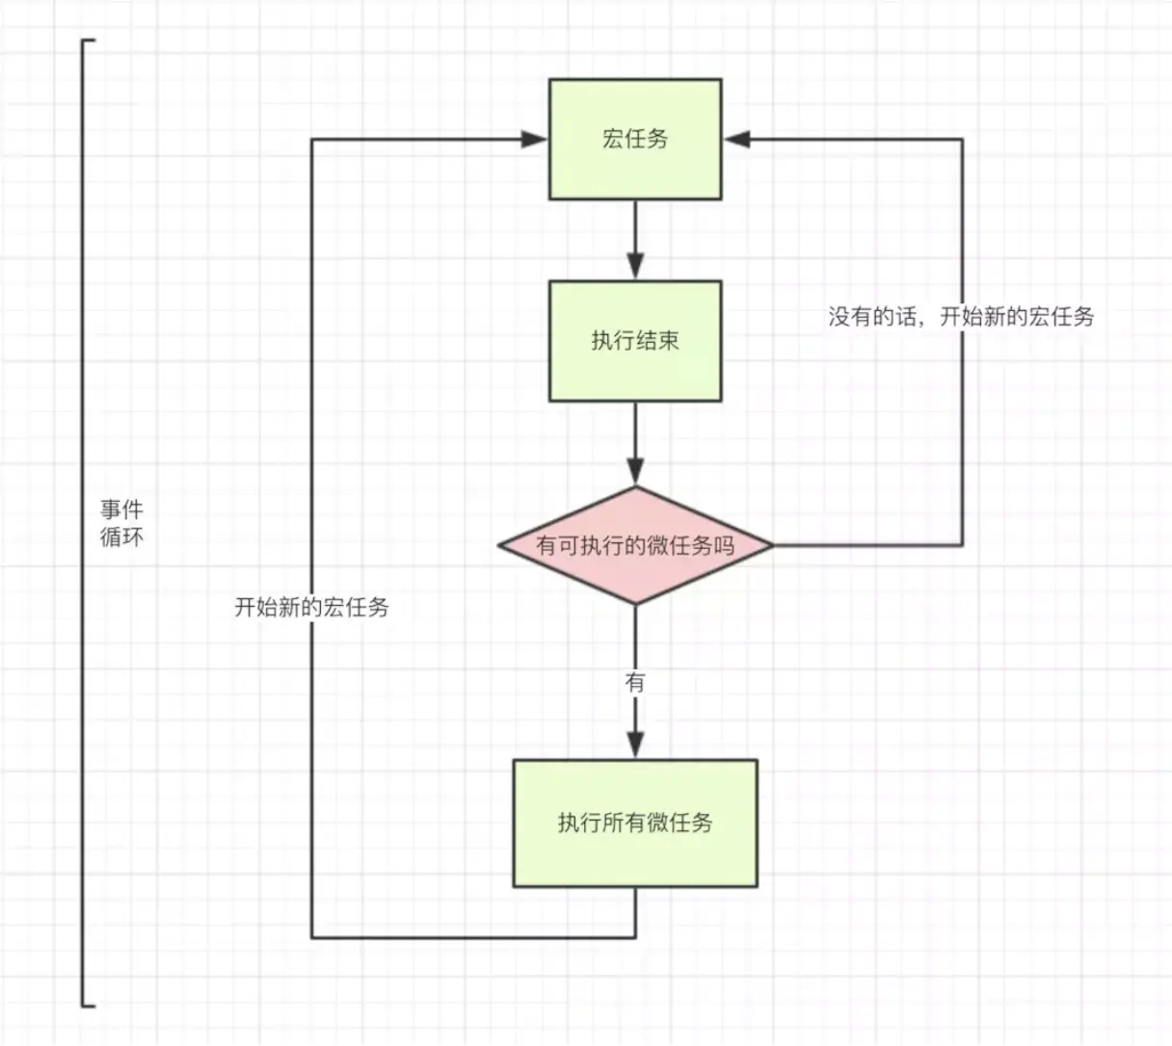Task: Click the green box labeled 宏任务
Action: (635, 140)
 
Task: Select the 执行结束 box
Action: (635, 341)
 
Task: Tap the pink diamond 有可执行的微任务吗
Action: (635, 546)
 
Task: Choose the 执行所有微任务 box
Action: (635, 823)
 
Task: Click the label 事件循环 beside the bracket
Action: (122, 523)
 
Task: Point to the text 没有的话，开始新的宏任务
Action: (961, 316)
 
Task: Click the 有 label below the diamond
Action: (635, 683)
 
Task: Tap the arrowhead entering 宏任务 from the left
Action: (535, 140)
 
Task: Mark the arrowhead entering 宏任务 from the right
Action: (737, 140)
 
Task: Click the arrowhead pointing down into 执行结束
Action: (635, 266)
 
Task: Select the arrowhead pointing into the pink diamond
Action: (635, 471)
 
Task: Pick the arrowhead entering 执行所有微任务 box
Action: (635, 745)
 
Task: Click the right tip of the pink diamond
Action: (772, 546)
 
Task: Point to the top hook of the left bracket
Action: (89, 41)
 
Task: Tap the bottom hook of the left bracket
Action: (89, 1006)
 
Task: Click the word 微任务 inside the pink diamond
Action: (690, 546)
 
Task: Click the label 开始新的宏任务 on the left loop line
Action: (311, 607)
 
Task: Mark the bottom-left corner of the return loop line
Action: (311, 937)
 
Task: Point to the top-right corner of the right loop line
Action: (962, 140)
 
